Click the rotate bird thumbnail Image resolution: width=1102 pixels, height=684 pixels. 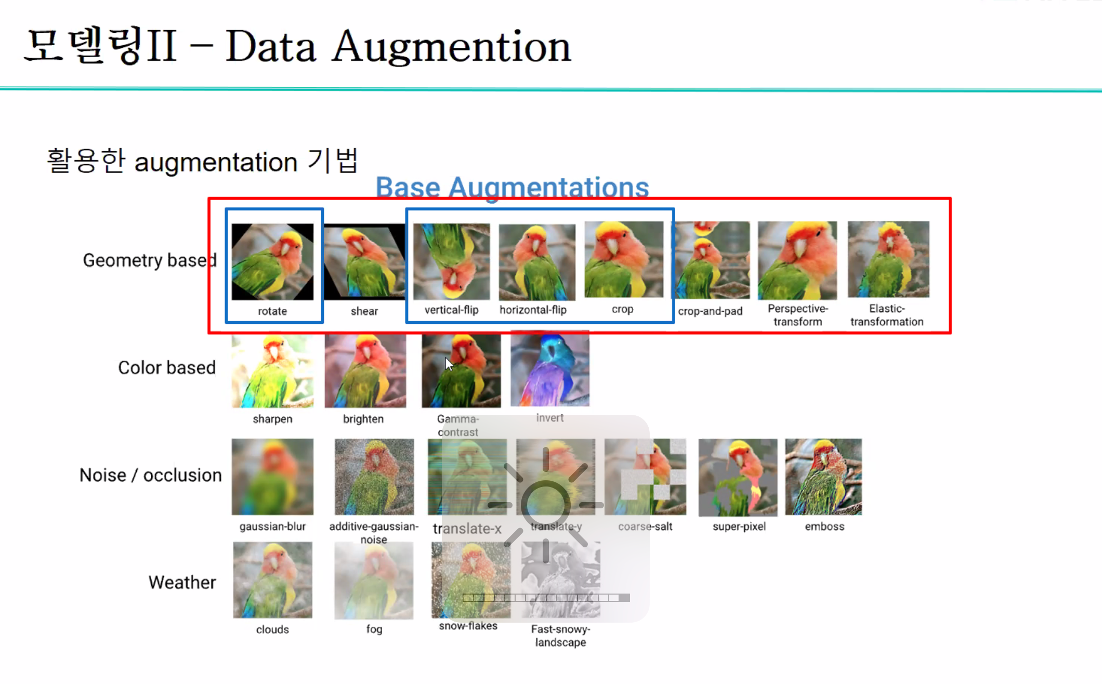tap(272, 261)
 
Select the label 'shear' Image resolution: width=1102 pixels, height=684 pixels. tap(364, 311)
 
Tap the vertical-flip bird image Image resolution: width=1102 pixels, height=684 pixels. tap(451, 261)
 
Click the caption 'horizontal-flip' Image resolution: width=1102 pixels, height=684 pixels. tap(533, 310)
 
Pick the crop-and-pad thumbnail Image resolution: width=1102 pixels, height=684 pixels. tap(712, 260)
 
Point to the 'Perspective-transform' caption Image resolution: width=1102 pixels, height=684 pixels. tap(797, 315)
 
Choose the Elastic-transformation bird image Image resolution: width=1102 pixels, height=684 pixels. tap(888, 259)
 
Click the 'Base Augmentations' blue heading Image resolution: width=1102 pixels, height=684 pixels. tap(512, 187)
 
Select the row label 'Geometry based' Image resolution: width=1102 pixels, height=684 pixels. tap(149, 260)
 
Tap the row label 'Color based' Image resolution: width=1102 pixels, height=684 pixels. tap(166, 367)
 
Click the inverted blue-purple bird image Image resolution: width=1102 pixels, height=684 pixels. tap(550, 370)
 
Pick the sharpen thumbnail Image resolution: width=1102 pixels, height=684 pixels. tap(272, 371)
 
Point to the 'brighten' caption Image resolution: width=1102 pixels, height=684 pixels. tap(363, 419)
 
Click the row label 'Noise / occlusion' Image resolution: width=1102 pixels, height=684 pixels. tap(150, 475)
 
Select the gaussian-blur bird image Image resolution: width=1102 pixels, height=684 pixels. tap(272, 477)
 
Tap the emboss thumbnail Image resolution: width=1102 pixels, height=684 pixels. tap(823, 477)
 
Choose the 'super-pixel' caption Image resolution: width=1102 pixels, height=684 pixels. tap(739, 527)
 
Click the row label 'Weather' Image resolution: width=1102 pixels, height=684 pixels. tap(182, 582)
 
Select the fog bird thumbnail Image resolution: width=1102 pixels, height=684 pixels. tap(374, 581)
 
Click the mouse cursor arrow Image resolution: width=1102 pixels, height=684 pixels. tap(449, 364)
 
